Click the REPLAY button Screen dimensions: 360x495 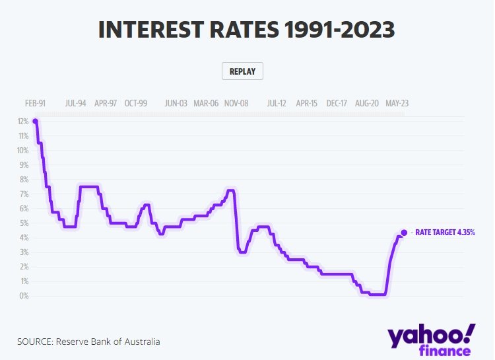coord(242,71)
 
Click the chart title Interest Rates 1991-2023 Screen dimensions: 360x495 coord(247,30)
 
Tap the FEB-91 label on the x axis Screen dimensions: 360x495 coord(36,104)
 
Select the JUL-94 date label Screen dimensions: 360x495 coord(77,104)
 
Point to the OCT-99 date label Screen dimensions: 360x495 coord(136,104)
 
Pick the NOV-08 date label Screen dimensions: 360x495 coord(236,104)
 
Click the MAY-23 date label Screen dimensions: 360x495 coord(397,104)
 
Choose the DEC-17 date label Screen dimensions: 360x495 coord(337,104)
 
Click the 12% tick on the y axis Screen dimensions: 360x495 coord(22,122)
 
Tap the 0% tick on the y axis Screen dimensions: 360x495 coord(24,296)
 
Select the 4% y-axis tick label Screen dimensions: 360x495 coord(24,238)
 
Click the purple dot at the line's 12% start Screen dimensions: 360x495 coord(35,121)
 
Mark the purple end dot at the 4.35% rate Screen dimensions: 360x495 coord(404,233)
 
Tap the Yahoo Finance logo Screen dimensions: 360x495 coord(431,340)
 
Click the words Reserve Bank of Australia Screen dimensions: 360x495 coord(108,342)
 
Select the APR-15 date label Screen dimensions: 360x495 coord(307,104)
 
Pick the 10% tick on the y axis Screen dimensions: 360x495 coord(22,151)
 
